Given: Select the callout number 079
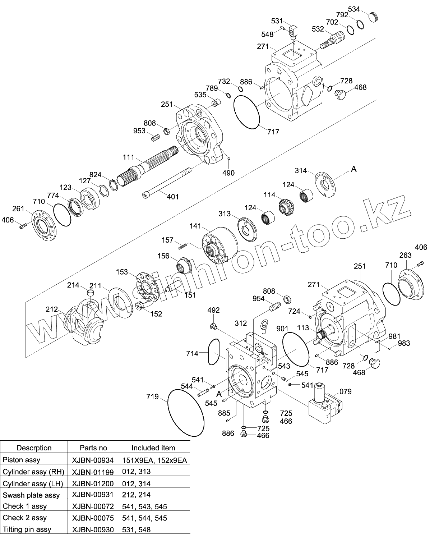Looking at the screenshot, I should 345,391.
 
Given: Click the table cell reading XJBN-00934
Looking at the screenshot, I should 93,460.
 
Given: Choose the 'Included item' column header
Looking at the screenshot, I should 153,448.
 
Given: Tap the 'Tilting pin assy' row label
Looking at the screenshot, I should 27,529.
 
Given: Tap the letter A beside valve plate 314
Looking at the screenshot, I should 353,169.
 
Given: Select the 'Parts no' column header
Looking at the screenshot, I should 93,448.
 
